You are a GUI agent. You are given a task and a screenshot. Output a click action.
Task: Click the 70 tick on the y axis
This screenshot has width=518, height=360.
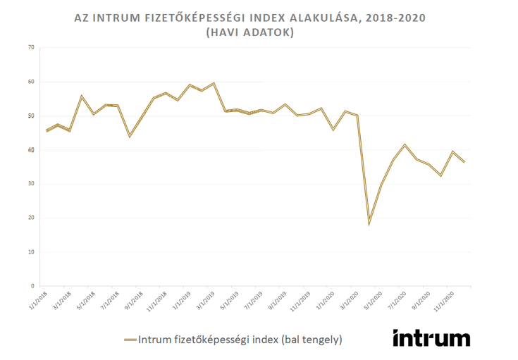30,48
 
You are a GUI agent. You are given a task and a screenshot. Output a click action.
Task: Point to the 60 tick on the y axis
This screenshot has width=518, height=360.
30,82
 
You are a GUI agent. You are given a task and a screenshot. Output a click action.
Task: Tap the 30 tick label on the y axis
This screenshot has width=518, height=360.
30,184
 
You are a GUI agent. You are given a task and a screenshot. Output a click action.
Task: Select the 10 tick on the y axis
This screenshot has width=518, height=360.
30,252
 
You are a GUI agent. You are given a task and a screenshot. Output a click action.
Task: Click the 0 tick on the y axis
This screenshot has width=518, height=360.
32,286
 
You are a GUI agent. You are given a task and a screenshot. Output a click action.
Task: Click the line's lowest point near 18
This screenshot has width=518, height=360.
369,224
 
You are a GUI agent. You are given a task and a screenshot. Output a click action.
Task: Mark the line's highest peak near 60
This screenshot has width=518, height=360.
214,83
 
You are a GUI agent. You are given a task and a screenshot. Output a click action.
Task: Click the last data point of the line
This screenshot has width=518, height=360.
464,162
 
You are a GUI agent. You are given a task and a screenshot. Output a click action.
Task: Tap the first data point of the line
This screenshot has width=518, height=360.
47,130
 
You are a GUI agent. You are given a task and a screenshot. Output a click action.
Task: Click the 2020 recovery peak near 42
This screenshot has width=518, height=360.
405,144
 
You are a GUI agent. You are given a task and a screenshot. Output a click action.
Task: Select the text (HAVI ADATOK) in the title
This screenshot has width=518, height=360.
257,32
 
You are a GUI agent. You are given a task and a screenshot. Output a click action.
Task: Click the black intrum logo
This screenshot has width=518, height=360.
431,337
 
